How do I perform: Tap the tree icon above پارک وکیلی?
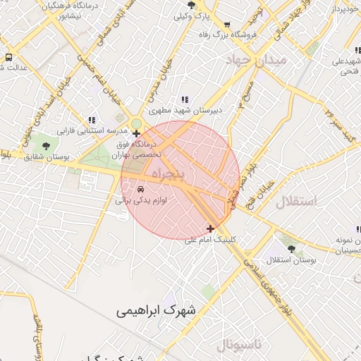[x=192, y=5]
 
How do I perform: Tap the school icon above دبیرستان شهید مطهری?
[x=185, y=100]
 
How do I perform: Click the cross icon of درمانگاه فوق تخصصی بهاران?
[x=137, y=133]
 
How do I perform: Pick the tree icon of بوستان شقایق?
[x=47, y=146]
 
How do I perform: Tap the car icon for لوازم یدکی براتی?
[x=140, y=190]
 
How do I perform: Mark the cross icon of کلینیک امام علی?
[x=210, y=228]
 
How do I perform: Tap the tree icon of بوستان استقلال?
[x=292, y=250]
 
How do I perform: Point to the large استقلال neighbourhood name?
[x=297, y=202]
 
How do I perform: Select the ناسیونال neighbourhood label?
[x=238, y=345]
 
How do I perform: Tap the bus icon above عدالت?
[x=8, y=57]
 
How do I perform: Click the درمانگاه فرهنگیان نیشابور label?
[x=63, y=9]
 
